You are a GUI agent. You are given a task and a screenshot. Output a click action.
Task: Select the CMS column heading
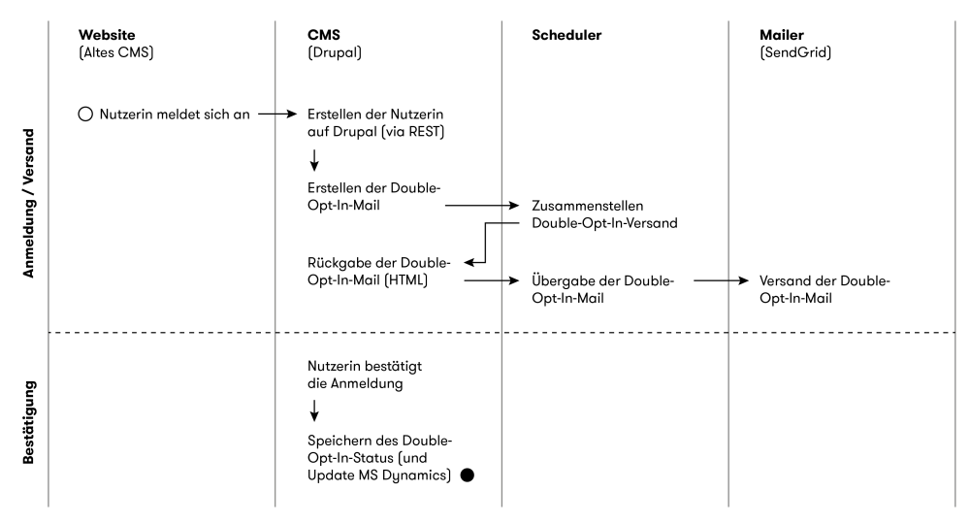pos(323,35)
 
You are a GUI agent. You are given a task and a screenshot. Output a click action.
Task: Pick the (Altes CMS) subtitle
pos(115,51)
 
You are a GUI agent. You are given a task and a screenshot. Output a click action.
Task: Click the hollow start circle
pos(85,115)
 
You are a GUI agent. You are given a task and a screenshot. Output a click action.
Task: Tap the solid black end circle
pos(468,475)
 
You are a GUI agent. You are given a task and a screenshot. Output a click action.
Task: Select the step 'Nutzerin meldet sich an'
pos(175,115)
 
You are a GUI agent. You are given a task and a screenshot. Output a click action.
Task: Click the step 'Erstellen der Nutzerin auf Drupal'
pos(375,122)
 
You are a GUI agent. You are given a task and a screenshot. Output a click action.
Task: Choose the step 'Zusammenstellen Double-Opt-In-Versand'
pos(602,215)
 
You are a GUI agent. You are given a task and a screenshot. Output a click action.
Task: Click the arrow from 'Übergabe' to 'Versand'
pos(721,281)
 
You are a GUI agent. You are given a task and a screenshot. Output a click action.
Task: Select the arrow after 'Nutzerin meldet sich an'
pos(276,115)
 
